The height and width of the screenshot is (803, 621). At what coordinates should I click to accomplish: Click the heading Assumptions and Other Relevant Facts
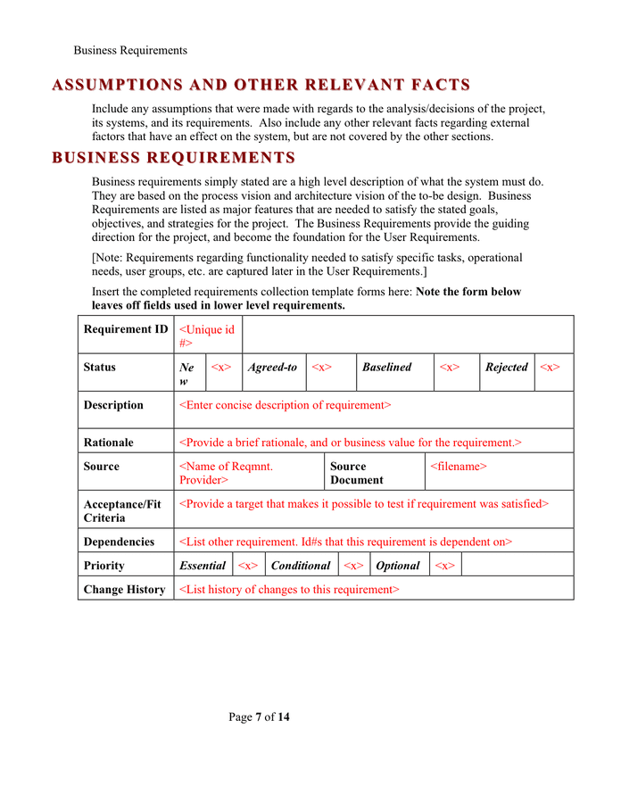pyautogui.click(x=261, y=86)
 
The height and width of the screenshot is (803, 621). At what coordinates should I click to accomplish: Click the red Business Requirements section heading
pyautogui.click(x=174, y=158)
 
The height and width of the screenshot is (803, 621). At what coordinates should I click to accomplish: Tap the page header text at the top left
pyautogui.click(x=130, y=50)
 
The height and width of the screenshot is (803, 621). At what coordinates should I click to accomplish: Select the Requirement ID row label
pyautogui.click(x=125, y=329)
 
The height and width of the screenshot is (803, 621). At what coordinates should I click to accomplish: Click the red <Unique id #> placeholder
pyautogui.click(x=207, y=335)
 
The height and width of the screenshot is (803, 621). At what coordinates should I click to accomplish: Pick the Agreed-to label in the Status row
pyautogui.click(x=272, y=367)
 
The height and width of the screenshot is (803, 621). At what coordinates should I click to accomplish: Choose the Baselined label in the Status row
pyautogui.click(x=386, y=367)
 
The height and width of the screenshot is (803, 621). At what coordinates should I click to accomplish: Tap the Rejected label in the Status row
pyautogui.click(x=506, y=367)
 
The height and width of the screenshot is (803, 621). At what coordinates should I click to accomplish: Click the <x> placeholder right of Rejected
pyautogui.click(x=551, y=367)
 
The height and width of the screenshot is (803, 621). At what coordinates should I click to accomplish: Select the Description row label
pyautogui.click(x=113, y=405)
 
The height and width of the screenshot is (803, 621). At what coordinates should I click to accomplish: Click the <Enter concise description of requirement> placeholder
pyautogui.click(x=285, y=405)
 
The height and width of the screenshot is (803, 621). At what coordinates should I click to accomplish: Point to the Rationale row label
pyautogui.click(x=108, y=443)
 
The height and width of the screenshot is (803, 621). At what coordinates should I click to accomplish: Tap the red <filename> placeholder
pyautogui.click(x=458, y=467)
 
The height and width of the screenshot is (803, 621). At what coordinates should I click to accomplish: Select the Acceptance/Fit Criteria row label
pyautogui.click(x=122, y=510)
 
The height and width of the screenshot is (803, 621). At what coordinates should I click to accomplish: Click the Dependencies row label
pyautogui.click(x=119, y=542)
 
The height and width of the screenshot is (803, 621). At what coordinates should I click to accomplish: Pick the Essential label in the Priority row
pyautogui.click(x=203, y=566)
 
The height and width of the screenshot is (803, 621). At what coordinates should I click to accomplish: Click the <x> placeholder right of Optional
pyautogui.click(x=443, y=566)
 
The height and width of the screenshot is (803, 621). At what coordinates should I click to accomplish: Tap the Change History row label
pyautogui.click(x=124, y=590)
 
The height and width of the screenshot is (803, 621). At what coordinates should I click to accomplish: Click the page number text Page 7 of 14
pyautogui.click(x=259, y=717)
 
